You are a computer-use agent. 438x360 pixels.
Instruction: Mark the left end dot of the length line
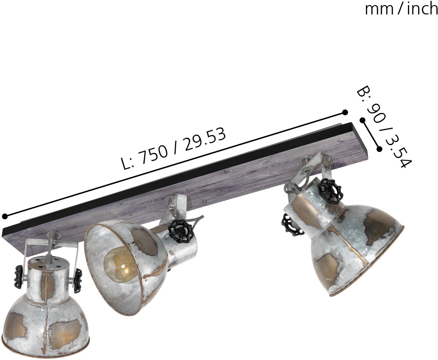(x=5, y=217)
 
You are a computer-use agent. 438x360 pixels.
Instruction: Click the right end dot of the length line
(x=345, y=112)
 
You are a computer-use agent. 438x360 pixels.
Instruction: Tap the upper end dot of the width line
(x=362, y=121)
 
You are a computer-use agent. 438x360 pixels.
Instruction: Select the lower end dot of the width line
(x=379, y=149)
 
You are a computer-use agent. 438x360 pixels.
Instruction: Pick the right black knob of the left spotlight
(x=78, y=281)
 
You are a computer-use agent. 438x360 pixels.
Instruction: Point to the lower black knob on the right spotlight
(x=292, y=224)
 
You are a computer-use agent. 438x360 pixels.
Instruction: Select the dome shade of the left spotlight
(x=40, y=323)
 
